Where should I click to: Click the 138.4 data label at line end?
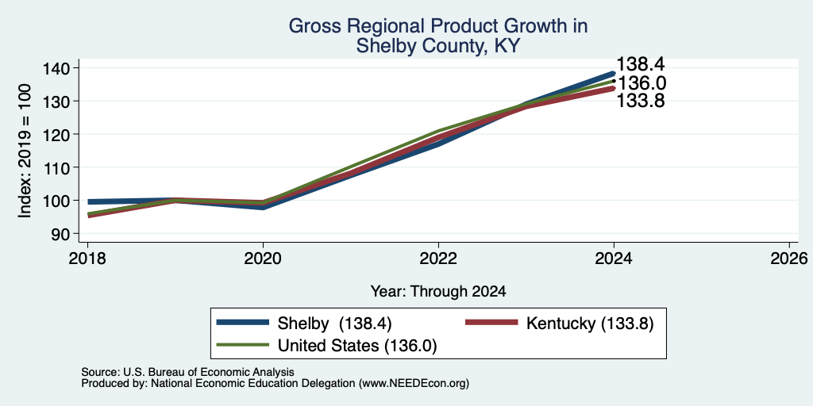641,64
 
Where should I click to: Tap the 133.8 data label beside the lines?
641,101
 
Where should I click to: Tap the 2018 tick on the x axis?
87,258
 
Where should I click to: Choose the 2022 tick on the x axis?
438,258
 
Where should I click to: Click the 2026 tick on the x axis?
789,258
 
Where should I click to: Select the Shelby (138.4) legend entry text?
334,324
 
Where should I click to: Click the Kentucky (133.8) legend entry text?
590,324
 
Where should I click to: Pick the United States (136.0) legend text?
357,346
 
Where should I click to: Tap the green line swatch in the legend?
243,345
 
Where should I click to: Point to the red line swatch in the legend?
492,323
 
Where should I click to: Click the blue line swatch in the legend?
243,323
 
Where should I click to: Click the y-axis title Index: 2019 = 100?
25,151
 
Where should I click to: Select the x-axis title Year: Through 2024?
438,292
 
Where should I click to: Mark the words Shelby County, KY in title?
437,47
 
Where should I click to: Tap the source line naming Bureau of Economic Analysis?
187,372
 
